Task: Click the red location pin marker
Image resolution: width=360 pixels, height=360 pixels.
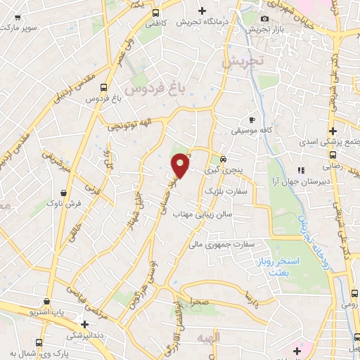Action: (181, 165)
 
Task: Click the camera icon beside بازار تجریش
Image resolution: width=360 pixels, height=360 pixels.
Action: (264, 18)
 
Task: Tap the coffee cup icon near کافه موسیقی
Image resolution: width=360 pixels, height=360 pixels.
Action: (252, 120)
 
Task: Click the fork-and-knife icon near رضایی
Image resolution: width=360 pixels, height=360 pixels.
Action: (301, 169)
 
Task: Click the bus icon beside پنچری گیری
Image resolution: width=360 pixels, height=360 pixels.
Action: (223, 158)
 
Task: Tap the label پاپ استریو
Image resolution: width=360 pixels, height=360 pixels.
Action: (49, 309)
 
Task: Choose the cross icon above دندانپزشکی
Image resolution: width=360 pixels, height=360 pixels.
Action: (85, 324)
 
